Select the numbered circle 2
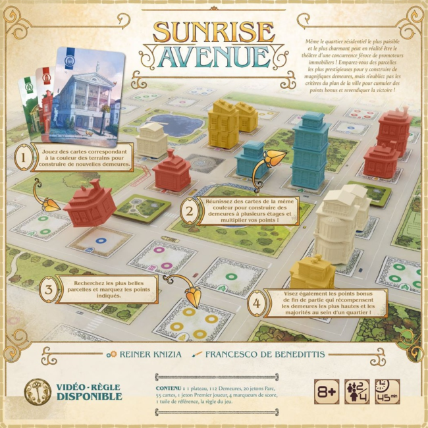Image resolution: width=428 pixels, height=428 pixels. click(190, 211)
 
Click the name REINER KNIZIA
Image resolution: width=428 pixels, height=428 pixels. click(148, 354)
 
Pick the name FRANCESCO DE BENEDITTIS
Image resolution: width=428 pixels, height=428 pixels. click(263, 354)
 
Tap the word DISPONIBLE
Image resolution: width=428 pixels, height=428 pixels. click(90, 396)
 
